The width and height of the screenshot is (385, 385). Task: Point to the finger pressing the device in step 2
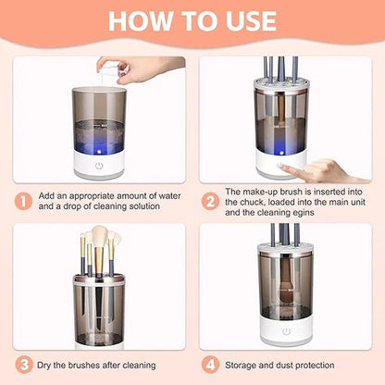click(315, 169)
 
